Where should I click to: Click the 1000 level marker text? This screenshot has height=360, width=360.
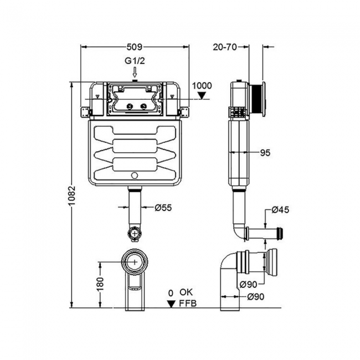point(203,85)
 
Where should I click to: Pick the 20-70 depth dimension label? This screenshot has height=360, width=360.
point(225,47)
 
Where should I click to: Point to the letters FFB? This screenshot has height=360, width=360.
point(188,303)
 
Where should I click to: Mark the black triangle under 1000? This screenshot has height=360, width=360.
point(203,95)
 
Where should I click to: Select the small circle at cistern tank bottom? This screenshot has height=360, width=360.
point(135,177)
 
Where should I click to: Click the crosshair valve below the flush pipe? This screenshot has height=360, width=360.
point(135,234)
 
